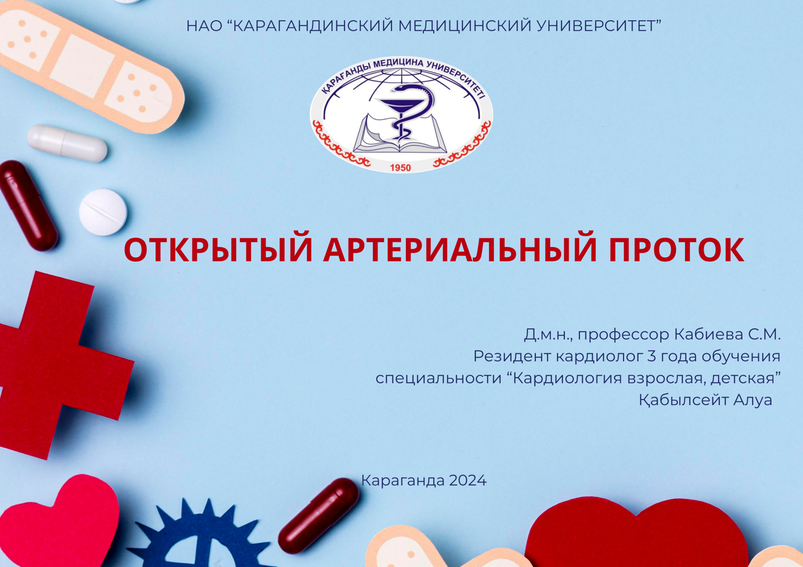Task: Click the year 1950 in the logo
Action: pyautogui.click(x=400, y=168)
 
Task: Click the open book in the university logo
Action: pyautogui.click(x=400, y=137)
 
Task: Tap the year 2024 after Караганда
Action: pyautogui.click(x=467, y=480)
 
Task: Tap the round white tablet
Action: pyautogui.click(x=103, y=212)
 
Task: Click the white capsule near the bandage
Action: pyautogui.click(x=67, y=143)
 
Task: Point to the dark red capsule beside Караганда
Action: pyautogui.click(x=319, y=514)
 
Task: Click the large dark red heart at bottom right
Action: pyautogui.click(x=637, y=537)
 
